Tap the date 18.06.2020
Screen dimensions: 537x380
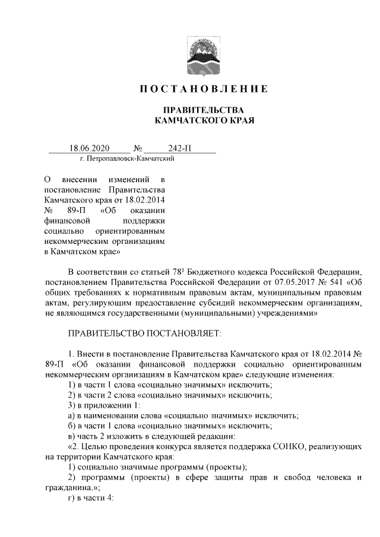pyautogui.click(x=90, y=148)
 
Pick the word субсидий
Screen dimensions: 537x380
pyautogui.click(x=230, y=303)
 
